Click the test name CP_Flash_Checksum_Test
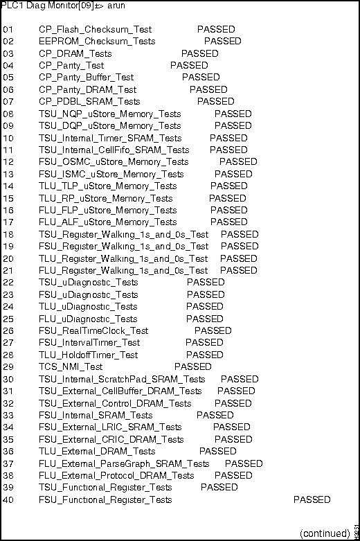pyautogui.click(x=95, y=30)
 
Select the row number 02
pyautogui.click(x=8, y=42)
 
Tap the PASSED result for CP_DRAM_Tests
pyautogui.click(x=199, y=53)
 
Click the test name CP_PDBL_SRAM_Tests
pyautogui.click(x=89, y=102)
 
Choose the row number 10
pyautogui.click(x=8, y=138)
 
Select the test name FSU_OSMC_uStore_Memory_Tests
pyautogui.click(x=109, y=162)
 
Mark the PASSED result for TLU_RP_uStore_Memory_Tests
pyautogui.click(x=228, y=198)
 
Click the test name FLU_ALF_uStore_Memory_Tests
pyautogui.click(x=107, y=222)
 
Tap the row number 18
pyautogui.click(x=8, y=234)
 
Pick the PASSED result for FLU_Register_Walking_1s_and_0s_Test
pyautogui.click(x=239, y=270)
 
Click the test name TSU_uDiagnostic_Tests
pyautogui.click(x=88, y=283)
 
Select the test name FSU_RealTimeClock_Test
pyautogui.click(x=93, y=330)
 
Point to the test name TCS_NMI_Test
pyautogui.click(x=71, y=366)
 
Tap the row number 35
pyautogui.click(x=8, y=439)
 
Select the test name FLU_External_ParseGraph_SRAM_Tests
pyautogui.click(x=124, y=463)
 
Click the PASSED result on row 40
pyautogui.click(x=312, y=499)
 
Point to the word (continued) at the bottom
pyautogui.click(x=325, y=533)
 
